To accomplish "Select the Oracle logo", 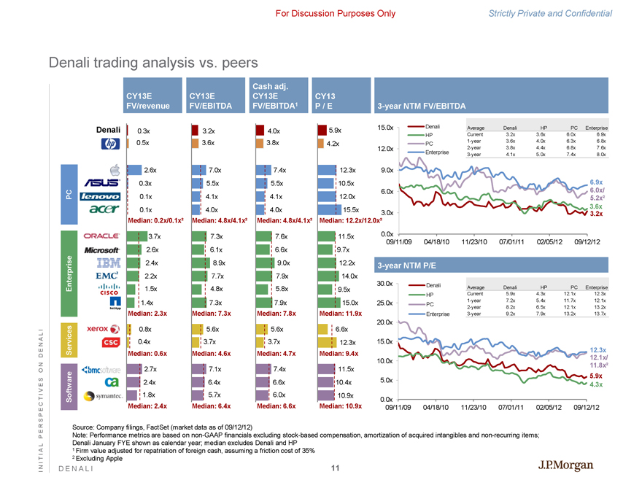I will pyautogui.click(x=103, y=236).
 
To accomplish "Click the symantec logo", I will pyautogui.click(x=101, y=395).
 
